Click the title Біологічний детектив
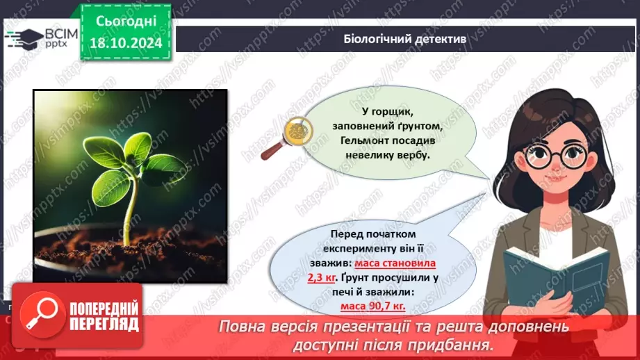pos(405,39)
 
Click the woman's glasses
pos(553,156)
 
